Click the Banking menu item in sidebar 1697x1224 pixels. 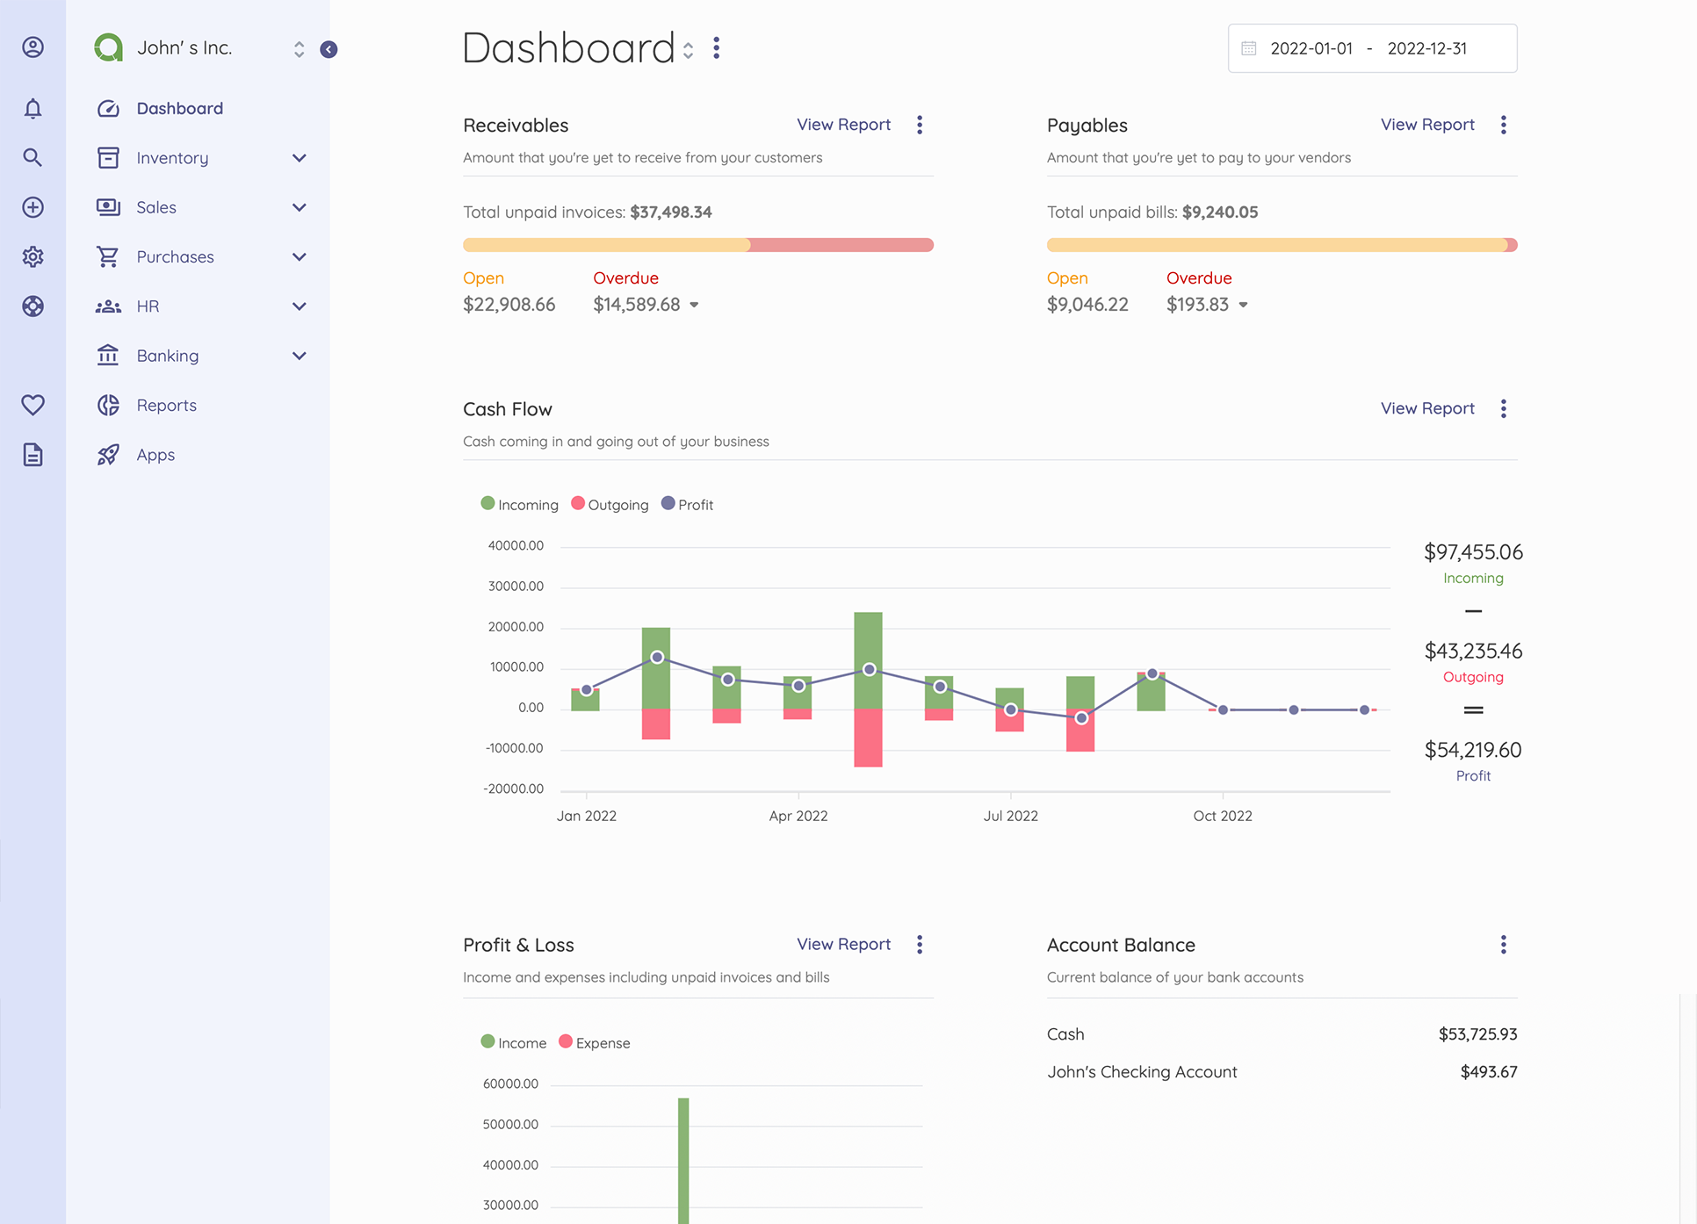point(167,356)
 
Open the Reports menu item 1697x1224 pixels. point(166,406)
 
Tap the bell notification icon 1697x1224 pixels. point(32,109)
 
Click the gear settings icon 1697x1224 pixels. point(32,257)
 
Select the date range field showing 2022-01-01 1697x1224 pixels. point(1311,49)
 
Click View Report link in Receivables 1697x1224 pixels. point(843,125)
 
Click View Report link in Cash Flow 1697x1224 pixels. point(1427,408)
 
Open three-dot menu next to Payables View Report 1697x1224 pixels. point(1504,125)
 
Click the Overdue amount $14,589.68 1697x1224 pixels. point(637,305)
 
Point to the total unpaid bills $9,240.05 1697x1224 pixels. point(1220,212)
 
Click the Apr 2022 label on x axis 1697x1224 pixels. point(798,816)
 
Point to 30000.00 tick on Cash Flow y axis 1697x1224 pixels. point(516,587)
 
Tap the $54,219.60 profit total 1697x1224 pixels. point(1473,750)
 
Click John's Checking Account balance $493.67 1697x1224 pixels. point(1488,1072)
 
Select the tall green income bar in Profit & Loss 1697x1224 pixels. point(683,1159)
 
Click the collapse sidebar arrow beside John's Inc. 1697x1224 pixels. point(329,49)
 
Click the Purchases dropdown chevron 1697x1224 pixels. point(300,257)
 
